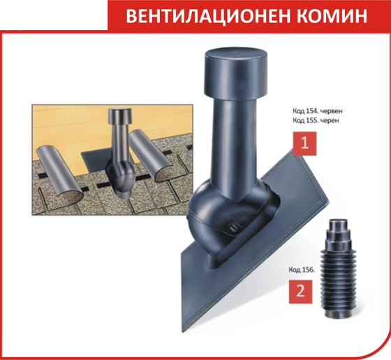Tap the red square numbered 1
click(x=304, y=144)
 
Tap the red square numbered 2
click(x=300, y=292)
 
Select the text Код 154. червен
click(x=318, y=111)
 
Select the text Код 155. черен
click(x=316, y=121)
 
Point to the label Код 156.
click(x=302, y=270)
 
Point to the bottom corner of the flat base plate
click(x=183, y=332)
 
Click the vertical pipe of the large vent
click(x=235, y=144)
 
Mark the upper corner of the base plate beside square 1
click(x=293, y=149)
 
